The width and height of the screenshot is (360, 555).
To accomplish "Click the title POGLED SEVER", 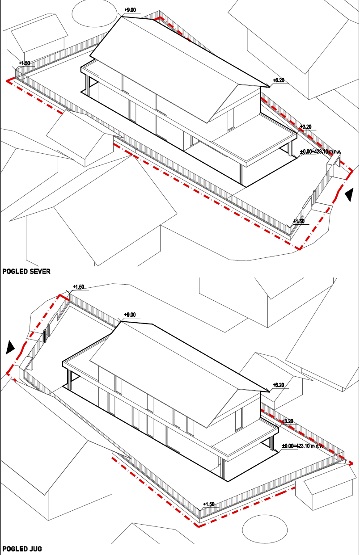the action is point(26,271).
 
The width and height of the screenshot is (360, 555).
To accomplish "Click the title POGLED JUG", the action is point(22,549).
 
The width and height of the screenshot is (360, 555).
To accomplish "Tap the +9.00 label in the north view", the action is point(130,10).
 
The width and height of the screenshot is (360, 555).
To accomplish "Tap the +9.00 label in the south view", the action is point(130,315).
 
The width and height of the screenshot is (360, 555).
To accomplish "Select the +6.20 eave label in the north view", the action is point(279,80).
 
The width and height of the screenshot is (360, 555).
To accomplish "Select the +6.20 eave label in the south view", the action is point(279,385).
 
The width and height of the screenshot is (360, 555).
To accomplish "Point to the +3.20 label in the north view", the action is point(305,127).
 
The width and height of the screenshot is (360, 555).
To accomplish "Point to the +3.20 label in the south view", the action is point(288,421).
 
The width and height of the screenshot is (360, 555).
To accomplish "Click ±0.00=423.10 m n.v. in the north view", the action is point(321,151).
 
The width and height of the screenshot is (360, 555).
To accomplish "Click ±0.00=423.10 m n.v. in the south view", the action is point(302,446).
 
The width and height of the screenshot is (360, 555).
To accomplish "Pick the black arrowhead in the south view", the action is point(10,347).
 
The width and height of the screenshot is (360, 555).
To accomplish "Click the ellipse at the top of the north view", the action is point(94,13).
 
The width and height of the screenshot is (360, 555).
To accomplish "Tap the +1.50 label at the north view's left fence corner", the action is point(24,63).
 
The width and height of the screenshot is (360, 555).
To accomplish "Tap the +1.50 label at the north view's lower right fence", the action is point(299,221).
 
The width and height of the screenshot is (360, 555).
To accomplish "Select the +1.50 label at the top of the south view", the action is point(78,287).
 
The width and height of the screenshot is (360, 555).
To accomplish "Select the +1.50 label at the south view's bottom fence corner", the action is point(208,504).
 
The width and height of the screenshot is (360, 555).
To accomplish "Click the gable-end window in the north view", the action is point(231,119).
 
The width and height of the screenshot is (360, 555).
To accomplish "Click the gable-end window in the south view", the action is point(238,420).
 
